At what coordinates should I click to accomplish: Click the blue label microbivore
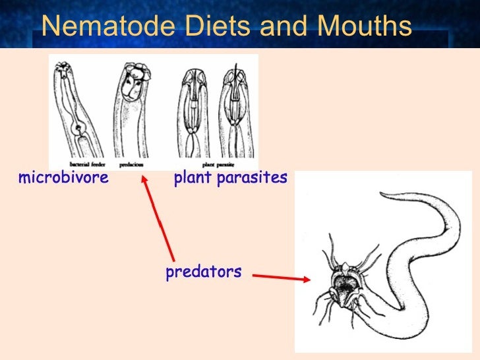[63, 178]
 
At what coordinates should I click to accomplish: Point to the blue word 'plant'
[192, 178]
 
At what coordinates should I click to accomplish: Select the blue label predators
[204, 271]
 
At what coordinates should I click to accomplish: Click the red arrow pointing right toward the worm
[281, 278]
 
